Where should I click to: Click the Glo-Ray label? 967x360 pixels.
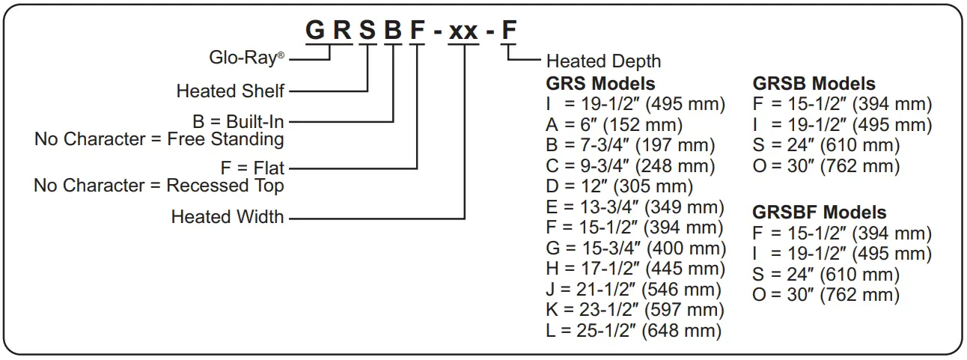244,58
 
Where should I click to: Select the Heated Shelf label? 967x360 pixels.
230,91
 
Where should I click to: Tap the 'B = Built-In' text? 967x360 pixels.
238,121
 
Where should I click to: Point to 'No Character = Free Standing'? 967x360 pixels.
159,139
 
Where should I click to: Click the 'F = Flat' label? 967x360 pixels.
254,168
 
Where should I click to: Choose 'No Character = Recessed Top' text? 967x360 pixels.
159,186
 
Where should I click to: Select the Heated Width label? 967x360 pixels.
228,217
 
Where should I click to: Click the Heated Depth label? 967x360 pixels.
604,61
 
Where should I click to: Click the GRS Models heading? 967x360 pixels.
600,83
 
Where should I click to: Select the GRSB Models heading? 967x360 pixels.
814,83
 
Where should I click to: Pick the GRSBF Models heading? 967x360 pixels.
819,213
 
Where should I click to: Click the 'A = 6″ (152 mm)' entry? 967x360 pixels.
614,125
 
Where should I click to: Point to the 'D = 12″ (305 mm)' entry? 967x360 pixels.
620,186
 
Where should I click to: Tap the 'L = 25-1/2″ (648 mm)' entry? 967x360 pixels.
634,330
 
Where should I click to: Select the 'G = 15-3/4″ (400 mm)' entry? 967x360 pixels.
636,248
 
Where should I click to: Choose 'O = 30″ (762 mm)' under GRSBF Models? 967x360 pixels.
826,295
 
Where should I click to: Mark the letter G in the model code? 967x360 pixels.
316,31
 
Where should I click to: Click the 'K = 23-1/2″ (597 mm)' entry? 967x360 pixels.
634,309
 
